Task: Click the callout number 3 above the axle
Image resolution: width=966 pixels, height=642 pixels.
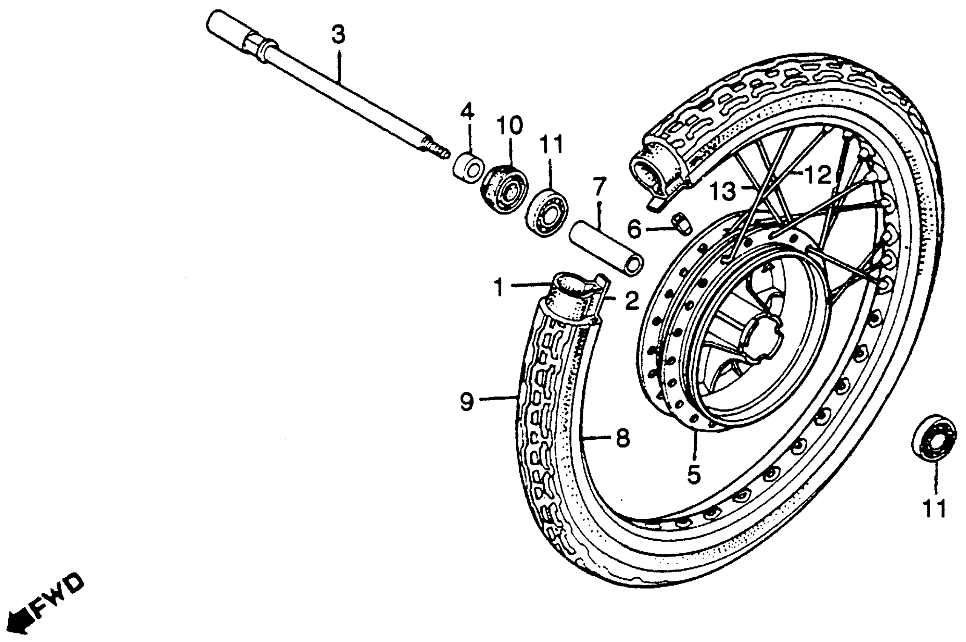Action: click(x=338, y=35)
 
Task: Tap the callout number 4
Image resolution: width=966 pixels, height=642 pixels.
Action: click(x=467, y=111)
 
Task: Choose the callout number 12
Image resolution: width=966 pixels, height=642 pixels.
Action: click(x=818, y=175)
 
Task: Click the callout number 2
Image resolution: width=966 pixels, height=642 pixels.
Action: click(x=632, y=301)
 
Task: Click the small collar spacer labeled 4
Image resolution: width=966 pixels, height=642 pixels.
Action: click(x=468, y=167)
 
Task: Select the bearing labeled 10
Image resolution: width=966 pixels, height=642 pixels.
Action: click(x=504, y=188)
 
